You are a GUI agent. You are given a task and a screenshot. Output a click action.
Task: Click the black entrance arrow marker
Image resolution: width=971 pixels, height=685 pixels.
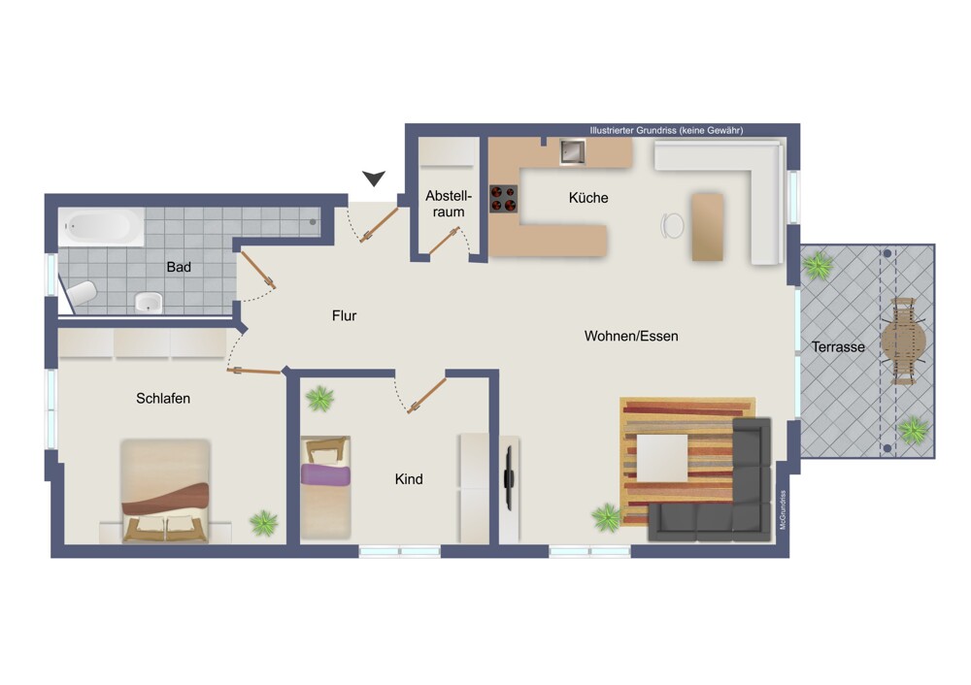(374, 179)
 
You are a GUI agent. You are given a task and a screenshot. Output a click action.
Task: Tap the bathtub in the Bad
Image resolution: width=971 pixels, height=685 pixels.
(102, 226)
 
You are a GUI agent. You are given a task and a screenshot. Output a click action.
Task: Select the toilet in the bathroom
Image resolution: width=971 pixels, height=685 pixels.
(83, 293)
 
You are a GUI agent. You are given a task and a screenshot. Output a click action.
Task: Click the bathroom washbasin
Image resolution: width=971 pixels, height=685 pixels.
(149, 303)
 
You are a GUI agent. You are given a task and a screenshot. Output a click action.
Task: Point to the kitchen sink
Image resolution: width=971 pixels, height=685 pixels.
(572, 151)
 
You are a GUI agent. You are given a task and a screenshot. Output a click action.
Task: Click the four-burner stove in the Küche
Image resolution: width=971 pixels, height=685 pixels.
(503, 199)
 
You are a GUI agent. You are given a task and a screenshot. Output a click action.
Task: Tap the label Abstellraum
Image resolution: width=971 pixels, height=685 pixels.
(449, 204)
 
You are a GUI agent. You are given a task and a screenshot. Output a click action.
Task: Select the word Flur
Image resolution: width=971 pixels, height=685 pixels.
(345, 315)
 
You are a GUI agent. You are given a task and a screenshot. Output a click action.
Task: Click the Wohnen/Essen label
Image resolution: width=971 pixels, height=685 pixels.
(631, 336)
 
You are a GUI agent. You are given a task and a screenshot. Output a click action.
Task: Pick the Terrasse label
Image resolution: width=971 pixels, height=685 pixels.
(838, 347)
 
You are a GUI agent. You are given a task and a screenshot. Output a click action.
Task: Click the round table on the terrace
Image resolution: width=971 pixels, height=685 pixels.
(903, 341)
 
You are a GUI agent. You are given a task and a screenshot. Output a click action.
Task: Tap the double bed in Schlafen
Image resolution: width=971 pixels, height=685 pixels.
(165, 490)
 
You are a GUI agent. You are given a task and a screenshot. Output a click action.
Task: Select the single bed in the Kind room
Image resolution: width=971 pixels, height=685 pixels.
(325, 487)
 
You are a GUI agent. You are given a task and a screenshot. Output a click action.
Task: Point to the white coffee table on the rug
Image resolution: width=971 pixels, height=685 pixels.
(662, 458)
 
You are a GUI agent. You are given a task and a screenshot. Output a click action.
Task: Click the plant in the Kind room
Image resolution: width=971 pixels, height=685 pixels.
(319, 399)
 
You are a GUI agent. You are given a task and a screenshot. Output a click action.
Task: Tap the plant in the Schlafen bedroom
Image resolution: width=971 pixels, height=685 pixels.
(264, 523)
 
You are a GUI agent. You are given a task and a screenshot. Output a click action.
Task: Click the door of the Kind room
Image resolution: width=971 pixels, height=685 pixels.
(426, 395)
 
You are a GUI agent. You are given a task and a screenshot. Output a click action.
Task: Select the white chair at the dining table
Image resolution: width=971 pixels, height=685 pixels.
(673, 225)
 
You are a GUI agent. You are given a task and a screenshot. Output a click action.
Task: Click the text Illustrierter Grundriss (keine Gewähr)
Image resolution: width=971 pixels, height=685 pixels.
(666, 131)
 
